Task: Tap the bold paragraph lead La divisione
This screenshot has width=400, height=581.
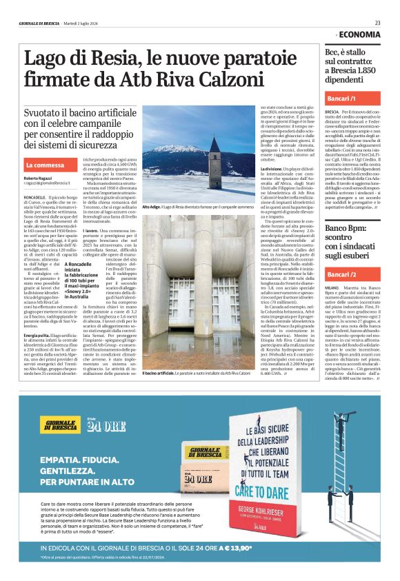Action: point(272,168)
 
